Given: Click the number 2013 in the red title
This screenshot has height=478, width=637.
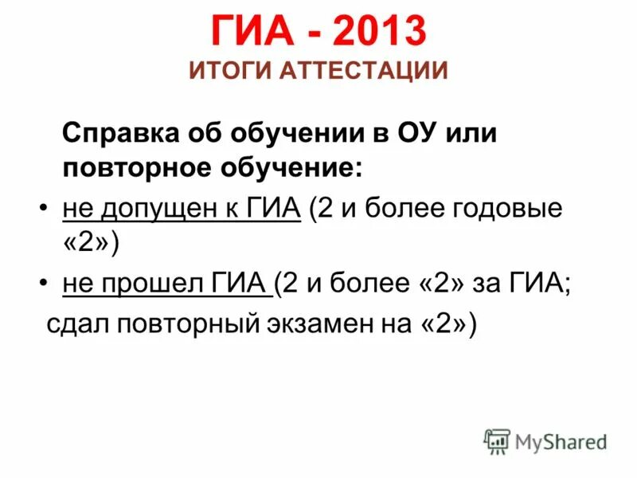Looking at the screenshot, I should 381,33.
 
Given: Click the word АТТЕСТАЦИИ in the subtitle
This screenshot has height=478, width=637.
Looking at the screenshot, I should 362,71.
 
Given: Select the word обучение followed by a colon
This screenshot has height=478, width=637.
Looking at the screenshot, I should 287,169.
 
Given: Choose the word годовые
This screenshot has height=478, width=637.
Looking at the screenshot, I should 514,209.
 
